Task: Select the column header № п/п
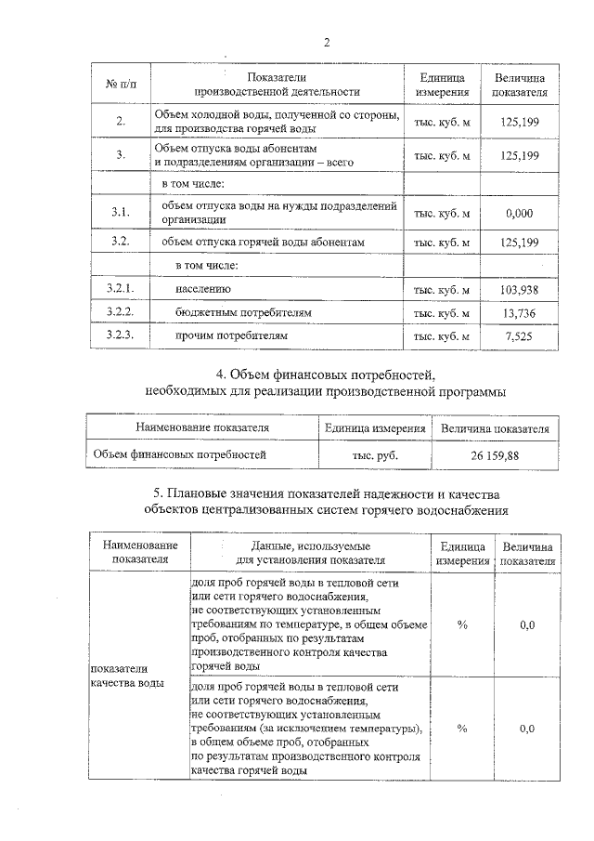121,85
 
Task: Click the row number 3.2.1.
121,290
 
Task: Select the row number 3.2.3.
121,335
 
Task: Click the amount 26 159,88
495,455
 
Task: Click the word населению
197,290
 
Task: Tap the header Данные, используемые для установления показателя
311,553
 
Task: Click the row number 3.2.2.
121,312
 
